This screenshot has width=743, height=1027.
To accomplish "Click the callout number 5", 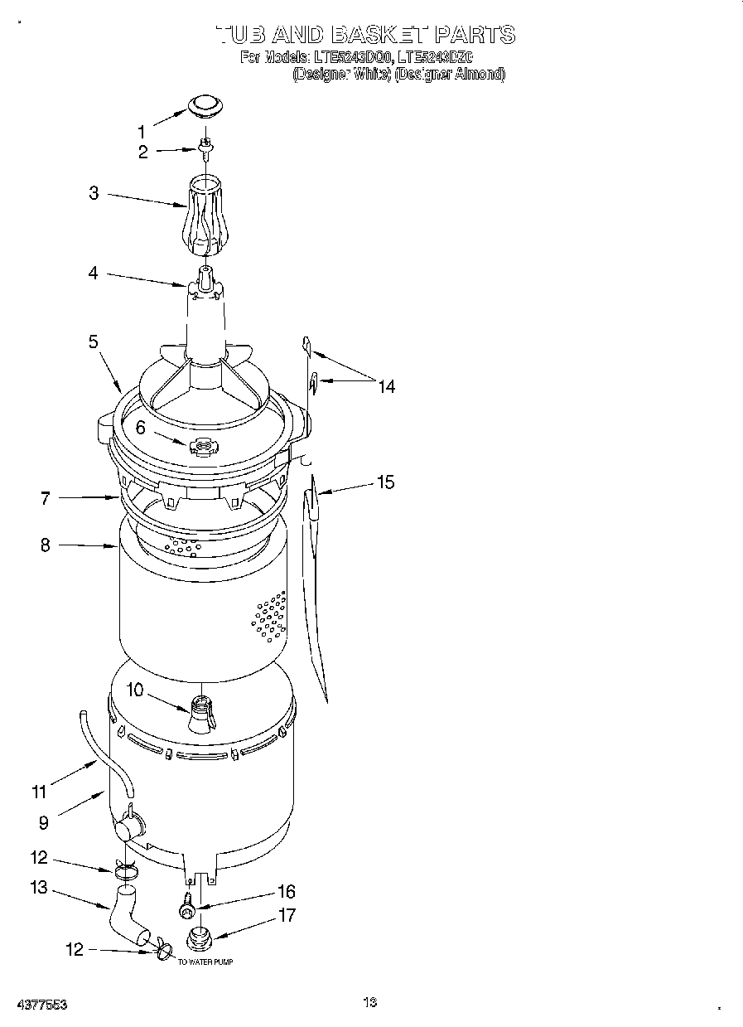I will point(94,341).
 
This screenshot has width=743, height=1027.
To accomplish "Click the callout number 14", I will point(386,385).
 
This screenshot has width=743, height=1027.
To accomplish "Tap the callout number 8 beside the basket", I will point(45,545).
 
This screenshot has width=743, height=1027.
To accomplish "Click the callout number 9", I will point(43,822).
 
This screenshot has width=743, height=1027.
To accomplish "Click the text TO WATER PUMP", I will point(205,962).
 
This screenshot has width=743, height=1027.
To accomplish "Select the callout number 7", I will point(45,498).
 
